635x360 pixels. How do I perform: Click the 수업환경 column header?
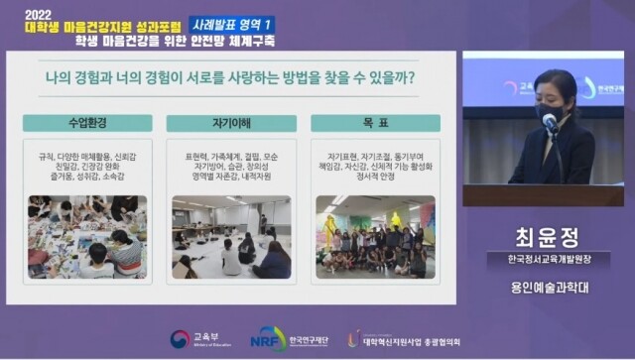click(87, 123)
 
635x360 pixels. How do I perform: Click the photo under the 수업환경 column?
click(87, 236)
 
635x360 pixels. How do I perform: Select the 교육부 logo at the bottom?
click(192, 340)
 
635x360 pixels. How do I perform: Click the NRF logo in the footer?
click(269, 339)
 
